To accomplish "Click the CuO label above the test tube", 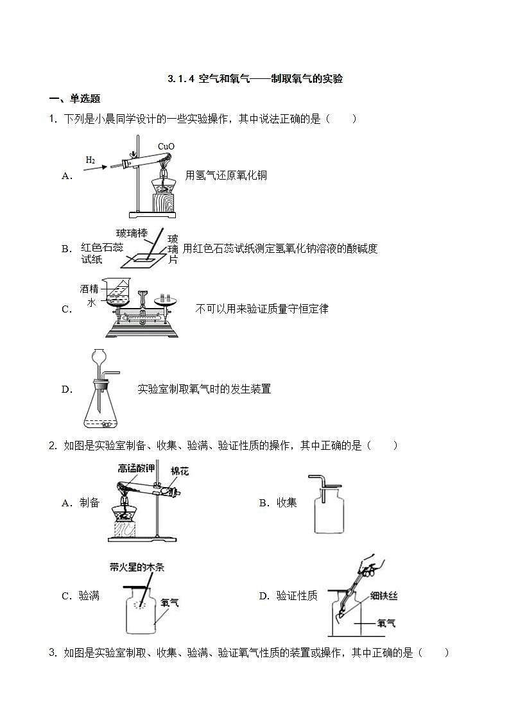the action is coord(166,146).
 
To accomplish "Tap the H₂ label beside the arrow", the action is coord(91,160).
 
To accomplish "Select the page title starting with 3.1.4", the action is coord(255,79).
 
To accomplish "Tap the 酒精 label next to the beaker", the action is coord(89,289).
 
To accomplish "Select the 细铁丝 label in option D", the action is coord(384,596).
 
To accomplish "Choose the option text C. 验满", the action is coord(80,596).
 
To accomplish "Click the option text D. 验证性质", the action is coord(288,596).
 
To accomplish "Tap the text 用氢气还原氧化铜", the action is coord(225,175).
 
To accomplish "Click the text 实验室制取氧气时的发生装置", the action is coord(204,389).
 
